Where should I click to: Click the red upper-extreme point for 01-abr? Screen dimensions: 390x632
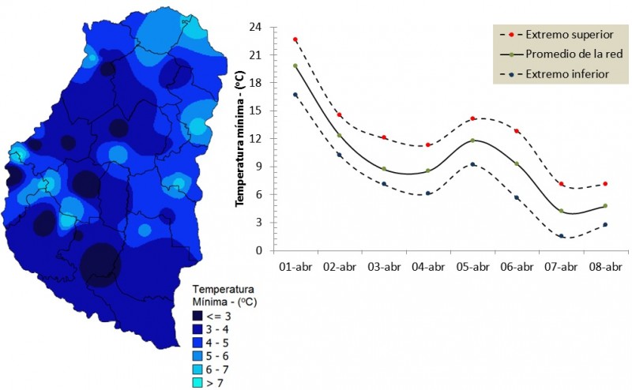tap(295, 39)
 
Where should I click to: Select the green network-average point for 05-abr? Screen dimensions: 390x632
tap(472, 141)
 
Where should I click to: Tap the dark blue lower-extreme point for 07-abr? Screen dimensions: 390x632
tap(561, 236)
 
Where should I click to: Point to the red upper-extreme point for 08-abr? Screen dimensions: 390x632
tap(604, 184)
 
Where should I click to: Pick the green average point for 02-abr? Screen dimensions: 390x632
tap(340, 136)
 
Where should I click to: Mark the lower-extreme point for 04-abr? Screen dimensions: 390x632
tap(428, 193)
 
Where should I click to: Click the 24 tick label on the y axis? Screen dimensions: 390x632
tap(257, 27)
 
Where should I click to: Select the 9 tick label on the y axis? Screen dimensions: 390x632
tap(260, 167)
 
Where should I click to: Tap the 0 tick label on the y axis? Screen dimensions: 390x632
tap(260, 250)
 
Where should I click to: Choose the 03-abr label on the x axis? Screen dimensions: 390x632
tap(384, 268)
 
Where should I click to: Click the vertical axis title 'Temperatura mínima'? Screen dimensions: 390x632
tap(240, 138)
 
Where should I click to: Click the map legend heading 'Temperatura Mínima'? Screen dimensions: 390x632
tap(225, 296)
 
